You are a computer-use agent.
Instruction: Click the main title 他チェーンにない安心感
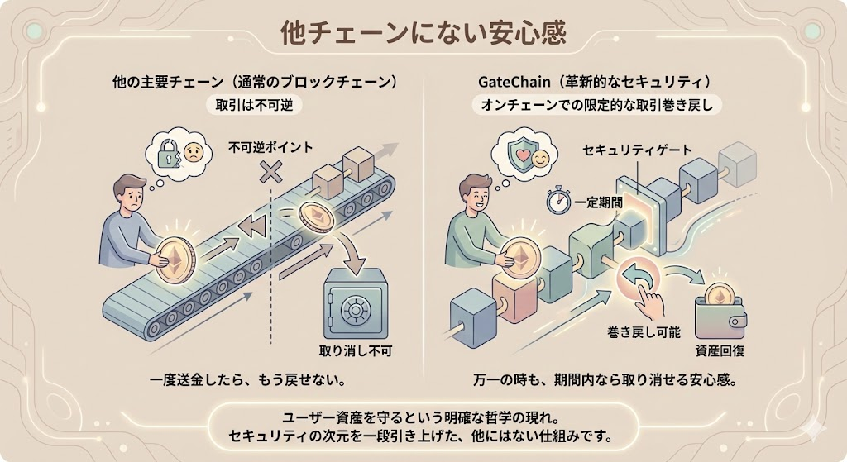click(x=423, y=33)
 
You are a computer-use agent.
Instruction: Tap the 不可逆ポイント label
click(x=270, y=147)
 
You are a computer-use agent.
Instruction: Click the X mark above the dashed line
click(x=268, y=172)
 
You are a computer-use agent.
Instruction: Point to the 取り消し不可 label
click(x=354, y=350)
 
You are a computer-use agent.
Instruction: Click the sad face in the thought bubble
click(x=192, y=152)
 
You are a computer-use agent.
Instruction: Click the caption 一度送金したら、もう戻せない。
click(x=246, y=381)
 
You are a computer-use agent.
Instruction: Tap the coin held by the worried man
click(x=175, y=259)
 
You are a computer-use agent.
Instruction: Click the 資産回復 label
click(x=720, y=350)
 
